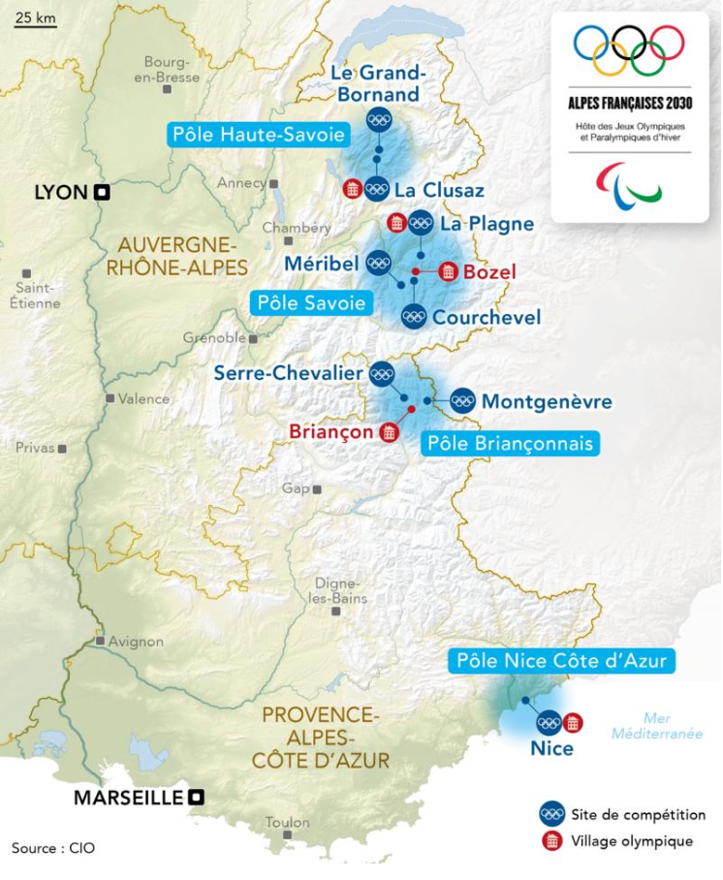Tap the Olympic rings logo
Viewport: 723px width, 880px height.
(629, 49)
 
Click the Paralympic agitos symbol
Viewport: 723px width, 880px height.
(629, 182)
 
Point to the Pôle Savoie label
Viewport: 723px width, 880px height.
(311, 302)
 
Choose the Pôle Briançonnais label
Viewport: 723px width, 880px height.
(510, 443)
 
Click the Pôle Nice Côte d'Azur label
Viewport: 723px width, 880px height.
(561, 661)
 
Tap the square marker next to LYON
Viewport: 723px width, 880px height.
(102, 192)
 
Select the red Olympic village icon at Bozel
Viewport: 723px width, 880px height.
(447, 271)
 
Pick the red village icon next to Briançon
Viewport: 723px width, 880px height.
(389, 431)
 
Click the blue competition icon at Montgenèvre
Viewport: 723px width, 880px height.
(462, 400)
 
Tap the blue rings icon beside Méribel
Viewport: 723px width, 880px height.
(378, 263)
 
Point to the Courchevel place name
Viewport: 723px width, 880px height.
(487, 317)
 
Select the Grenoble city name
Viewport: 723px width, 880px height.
(214, 337)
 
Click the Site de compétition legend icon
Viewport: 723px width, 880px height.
(552, 814)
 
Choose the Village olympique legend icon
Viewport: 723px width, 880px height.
(552, 840)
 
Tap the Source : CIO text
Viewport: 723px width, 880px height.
(53, 847)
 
